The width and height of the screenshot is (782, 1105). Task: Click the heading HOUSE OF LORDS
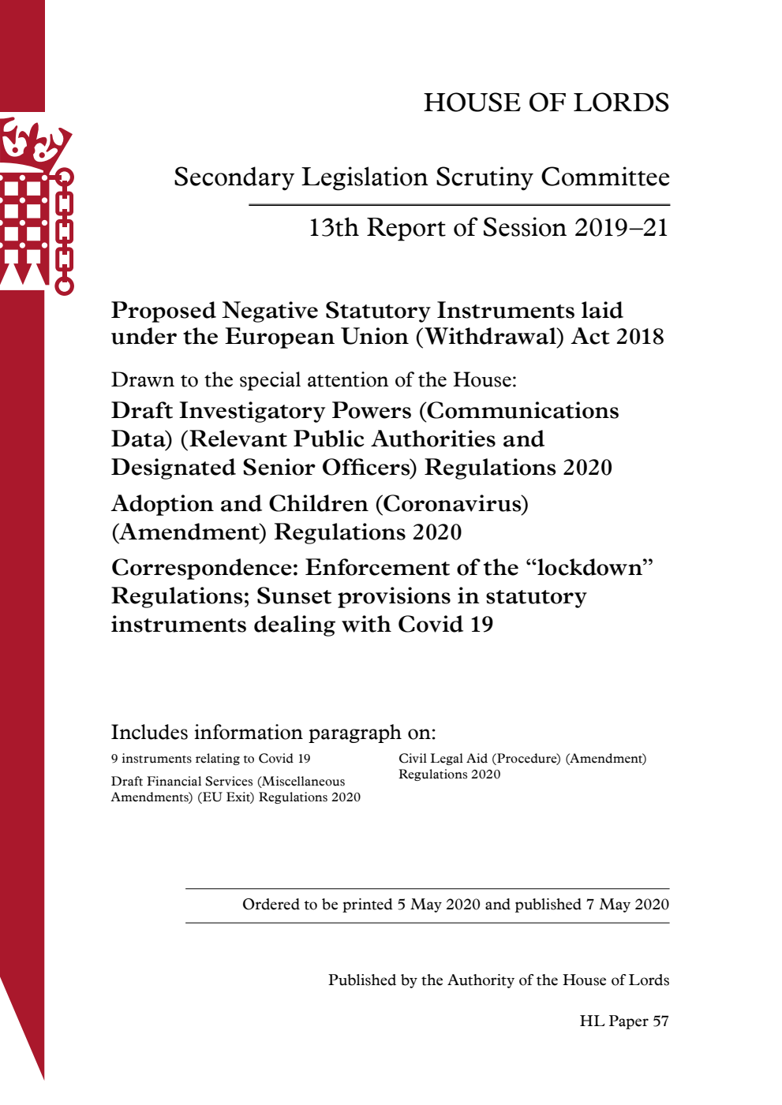coord(546,103)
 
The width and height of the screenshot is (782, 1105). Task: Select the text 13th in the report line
coord(334,228)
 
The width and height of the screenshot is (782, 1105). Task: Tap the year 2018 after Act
coord(640,337)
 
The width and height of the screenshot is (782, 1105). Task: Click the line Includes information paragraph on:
coord(273,733)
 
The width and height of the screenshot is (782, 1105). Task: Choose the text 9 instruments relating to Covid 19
coord(211,759)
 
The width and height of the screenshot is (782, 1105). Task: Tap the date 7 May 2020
coord(627,905)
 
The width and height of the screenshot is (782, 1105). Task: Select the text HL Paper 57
coord(623,1021)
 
